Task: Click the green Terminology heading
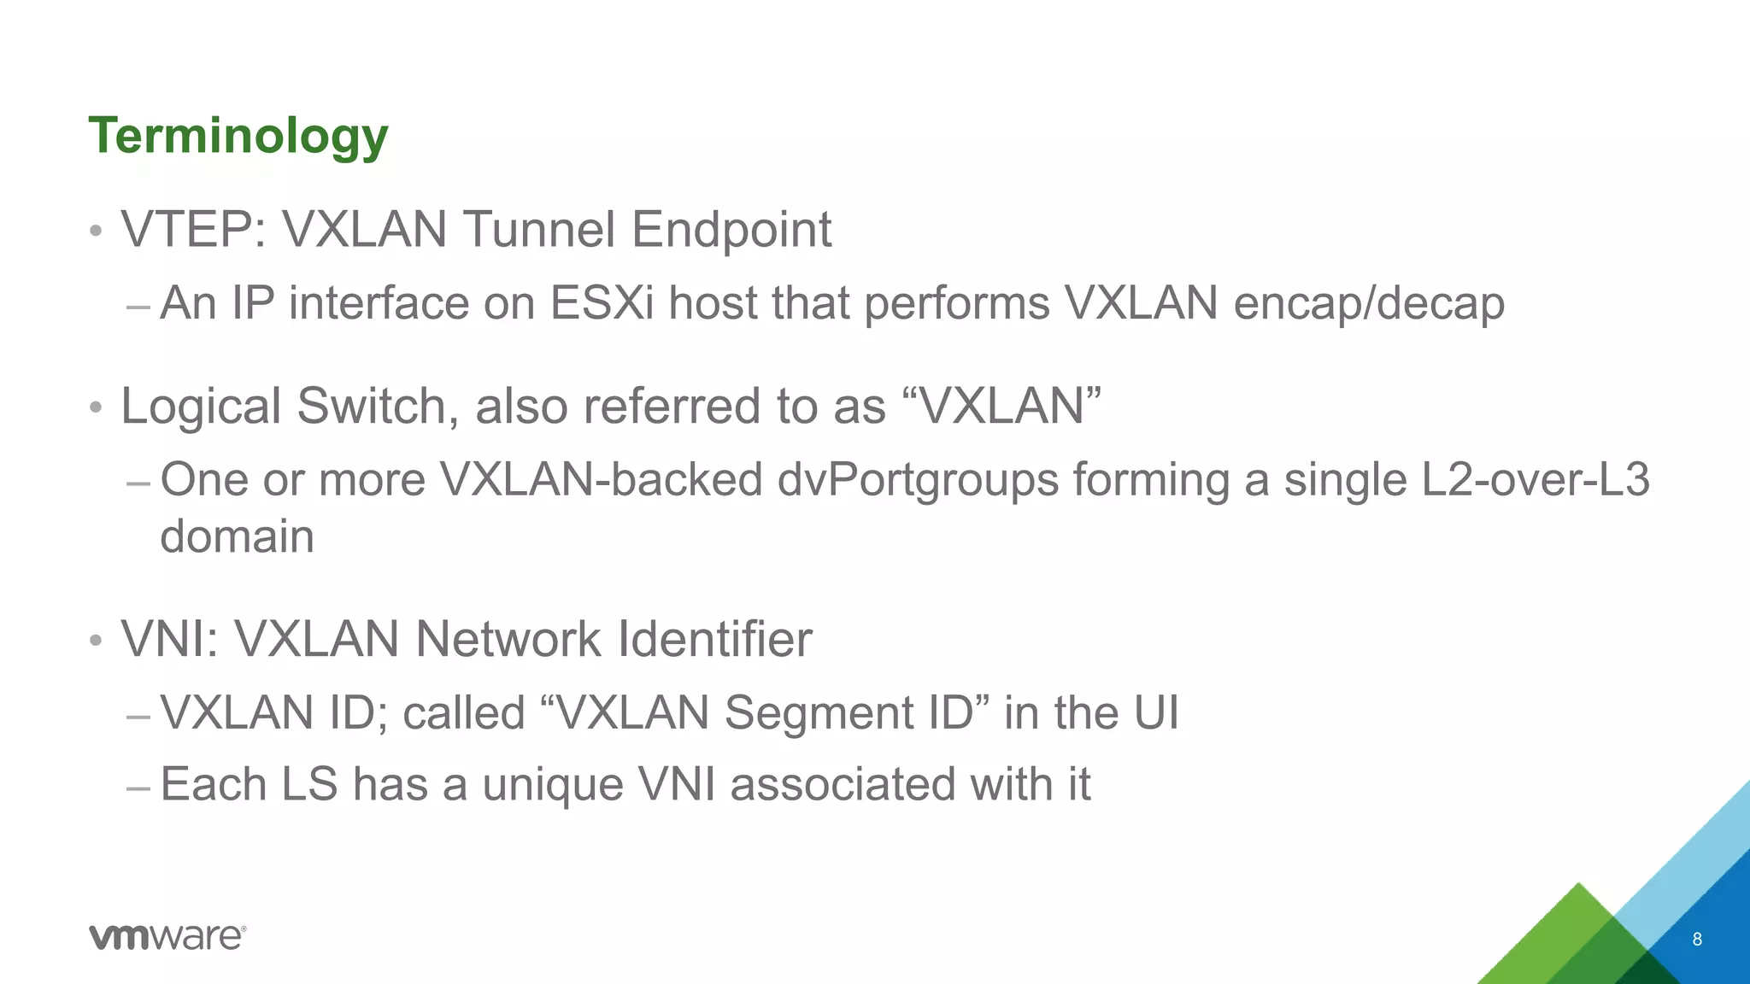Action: (238, 136)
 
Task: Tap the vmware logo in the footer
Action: (167, 936)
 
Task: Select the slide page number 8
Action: (1696, 940)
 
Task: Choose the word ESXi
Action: (602, 303)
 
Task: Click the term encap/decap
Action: (1369, 303)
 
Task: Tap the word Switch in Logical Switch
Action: (371, 406)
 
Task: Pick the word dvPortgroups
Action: (918, 480)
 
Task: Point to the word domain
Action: (238, 536)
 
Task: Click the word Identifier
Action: (714, 639)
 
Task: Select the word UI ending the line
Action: (1156, 712)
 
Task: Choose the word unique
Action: (552, 784)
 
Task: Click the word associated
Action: (842, 784)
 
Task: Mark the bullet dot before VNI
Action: (96, 641)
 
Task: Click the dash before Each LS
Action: (138, 786)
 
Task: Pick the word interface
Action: (379, 303)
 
